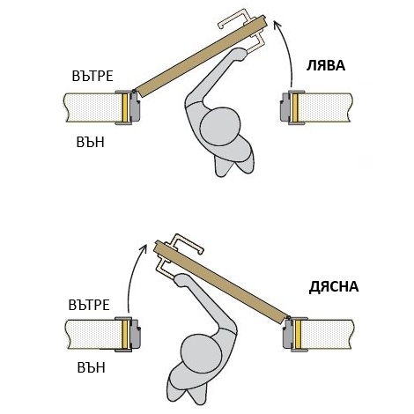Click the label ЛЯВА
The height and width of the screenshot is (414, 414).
point(326,65)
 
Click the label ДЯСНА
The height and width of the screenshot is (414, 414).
point(334,287)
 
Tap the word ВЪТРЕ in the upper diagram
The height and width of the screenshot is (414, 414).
point(92,76)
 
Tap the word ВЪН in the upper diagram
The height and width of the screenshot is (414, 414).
point(90,143)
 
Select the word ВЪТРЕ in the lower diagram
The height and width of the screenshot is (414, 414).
point(89,305)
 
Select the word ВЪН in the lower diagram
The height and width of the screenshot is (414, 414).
point(91,367)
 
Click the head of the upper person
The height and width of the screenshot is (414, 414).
point(219,125)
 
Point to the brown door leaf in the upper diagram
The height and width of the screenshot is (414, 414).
point(201,56)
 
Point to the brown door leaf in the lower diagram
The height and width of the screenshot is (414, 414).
point(220,282)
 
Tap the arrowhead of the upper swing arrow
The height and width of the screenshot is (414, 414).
point(277,25)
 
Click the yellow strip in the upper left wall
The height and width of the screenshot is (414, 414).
point(125,107)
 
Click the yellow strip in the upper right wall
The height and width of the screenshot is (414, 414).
point(295,107)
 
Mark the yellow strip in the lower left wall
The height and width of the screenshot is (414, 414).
point(124,335)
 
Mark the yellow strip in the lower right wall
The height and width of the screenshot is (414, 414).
point(298,335)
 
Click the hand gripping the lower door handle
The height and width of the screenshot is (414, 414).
point(181,279)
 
